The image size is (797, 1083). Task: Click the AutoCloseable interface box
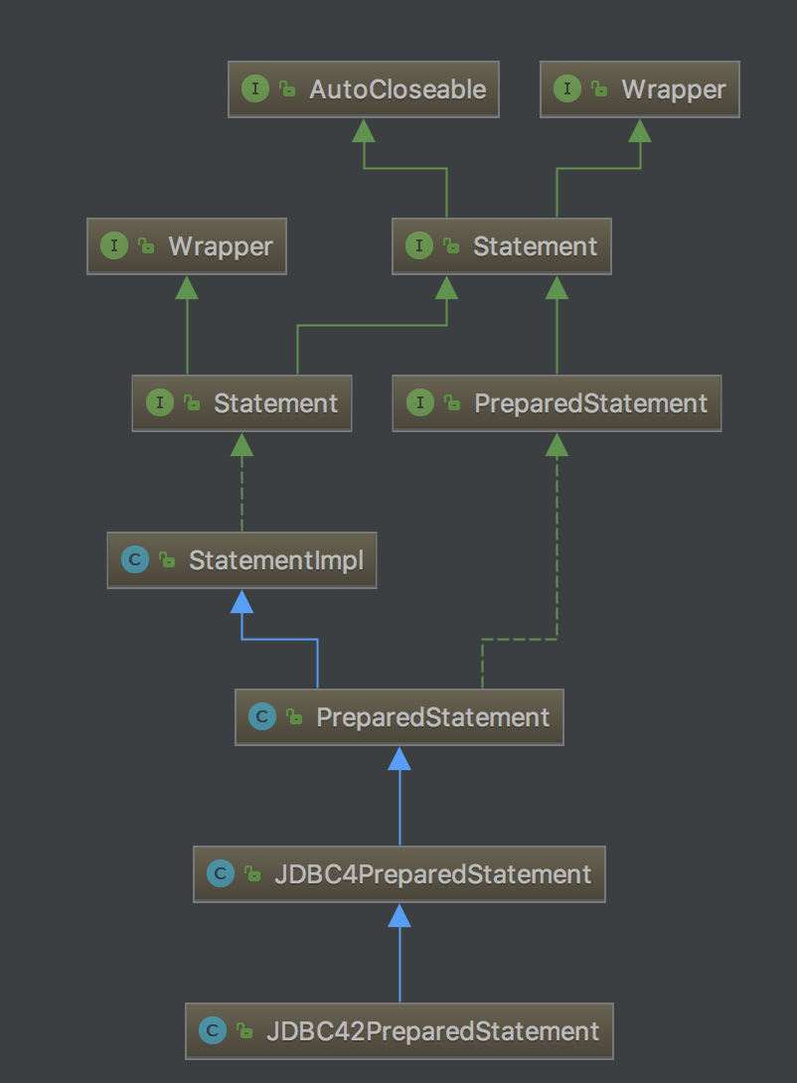(363, 89)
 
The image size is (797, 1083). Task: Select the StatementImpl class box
(241, 560)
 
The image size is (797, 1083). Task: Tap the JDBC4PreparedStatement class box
(398, 874)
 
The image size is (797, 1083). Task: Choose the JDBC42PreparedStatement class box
(398, 1031)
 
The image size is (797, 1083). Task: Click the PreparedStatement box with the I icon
(557, 403)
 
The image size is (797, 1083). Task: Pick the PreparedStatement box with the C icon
(398, 717)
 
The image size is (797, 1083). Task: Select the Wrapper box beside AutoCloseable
(640, 89)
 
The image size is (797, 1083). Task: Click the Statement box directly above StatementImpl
(241, 403)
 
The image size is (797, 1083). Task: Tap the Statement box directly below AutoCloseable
(501, 246)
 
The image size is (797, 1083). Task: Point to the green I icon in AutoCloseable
(254, 89)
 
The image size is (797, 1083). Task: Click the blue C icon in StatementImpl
(134, 560)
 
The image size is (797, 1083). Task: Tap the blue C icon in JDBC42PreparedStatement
(212, 1031)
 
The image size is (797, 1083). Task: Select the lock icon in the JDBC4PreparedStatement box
(252, 875)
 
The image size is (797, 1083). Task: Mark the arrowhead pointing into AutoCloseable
(363, 130)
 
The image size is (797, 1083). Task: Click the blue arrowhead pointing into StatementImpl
(241, 601)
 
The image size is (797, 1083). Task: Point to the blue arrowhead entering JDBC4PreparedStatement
(399, 915)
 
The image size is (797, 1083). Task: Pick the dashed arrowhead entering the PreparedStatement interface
(557, 444)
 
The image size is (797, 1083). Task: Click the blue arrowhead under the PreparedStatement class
(399, 758)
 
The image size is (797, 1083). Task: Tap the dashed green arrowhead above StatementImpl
(241, 444)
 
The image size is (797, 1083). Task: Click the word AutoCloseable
(398, 89)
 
